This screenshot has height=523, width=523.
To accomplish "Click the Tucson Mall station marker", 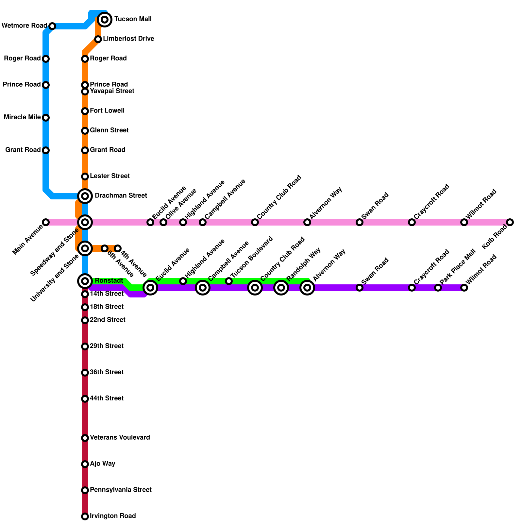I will (105, 20).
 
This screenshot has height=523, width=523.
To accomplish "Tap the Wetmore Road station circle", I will (52, 26).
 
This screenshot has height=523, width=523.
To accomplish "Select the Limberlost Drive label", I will (128, 39).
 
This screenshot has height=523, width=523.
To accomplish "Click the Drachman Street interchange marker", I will (85, 196).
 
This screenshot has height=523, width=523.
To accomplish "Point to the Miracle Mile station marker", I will (46, 118).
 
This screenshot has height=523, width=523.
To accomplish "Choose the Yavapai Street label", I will (112, 91).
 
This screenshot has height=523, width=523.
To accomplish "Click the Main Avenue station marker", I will (46, 222).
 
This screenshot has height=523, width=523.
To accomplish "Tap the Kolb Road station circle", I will (510, 222).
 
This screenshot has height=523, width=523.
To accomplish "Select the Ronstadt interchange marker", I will (85, 281).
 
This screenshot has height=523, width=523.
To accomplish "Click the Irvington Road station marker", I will (85, 516).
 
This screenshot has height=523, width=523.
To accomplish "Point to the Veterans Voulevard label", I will (120, 438).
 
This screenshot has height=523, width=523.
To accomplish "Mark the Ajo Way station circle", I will (85, 464).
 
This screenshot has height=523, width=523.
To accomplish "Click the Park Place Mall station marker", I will (438, 288).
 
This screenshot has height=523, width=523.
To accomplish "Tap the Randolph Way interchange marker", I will (281, 288).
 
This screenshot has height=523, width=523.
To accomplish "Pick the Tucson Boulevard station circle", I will (229, 281).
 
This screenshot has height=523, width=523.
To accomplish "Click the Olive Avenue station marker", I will (163, 222).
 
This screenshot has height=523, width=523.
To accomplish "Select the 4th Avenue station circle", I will (118, 248).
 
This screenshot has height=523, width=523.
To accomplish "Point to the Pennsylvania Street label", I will (121, 490).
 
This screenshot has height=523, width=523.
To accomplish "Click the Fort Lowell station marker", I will (85, 111).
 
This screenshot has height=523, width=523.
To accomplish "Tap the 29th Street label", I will (107, 346).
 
